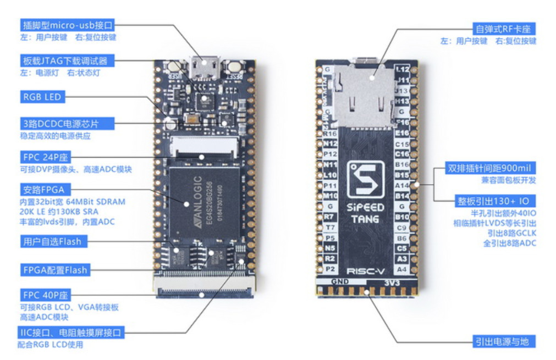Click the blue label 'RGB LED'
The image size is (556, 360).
click(42, 97)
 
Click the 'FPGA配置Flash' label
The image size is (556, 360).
click(54, 270)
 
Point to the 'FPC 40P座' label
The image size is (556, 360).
click(46, 295)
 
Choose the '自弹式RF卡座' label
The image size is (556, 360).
click(504, 29)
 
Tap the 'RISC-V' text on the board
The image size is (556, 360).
click(365, 271)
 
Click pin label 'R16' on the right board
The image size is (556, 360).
click(330, 134)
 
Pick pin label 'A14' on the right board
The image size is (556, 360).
click(402, 186)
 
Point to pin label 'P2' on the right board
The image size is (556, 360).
click(330, 269)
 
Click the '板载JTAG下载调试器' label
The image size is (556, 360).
click(65, 60)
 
